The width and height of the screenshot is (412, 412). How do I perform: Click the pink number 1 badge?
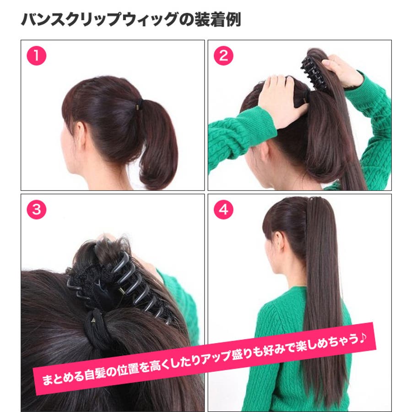37,56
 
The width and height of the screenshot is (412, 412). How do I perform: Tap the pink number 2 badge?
223,56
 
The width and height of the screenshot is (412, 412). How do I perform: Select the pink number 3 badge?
37,210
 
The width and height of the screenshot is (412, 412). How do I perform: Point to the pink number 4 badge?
223,210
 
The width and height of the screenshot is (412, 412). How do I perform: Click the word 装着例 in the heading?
217,19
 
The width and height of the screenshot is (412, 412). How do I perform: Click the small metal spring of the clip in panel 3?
122,291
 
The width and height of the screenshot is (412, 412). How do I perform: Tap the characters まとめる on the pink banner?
63,378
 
